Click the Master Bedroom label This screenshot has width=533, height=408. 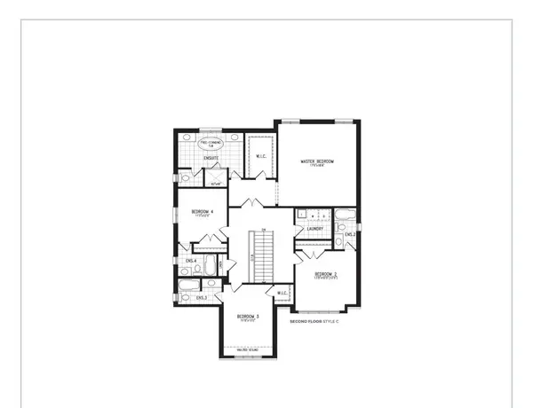point(317,161)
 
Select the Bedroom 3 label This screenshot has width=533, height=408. point(247,317)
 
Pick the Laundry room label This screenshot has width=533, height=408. point(314,229)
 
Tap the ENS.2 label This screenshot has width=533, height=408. point(350,234)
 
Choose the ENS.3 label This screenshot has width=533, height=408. point(202,297)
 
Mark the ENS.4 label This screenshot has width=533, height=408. point(191,261)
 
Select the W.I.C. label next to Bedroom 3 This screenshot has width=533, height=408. point(282,294)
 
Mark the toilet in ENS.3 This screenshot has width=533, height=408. point(185,298)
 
